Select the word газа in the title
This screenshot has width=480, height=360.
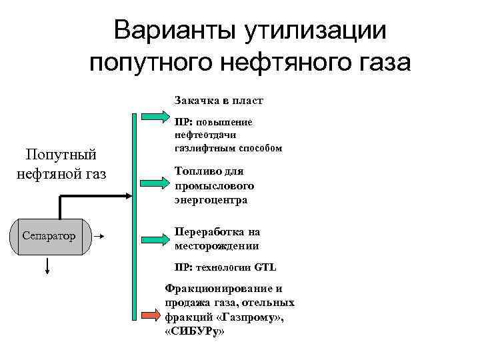381,63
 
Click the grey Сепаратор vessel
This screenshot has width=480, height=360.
49,236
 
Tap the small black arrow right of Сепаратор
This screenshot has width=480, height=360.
97,236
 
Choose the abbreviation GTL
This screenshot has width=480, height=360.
265,267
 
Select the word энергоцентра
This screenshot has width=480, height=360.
211,199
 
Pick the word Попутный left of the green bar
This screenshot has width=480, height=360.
61,155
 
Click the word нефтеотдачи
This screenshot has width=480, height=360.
204,135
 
